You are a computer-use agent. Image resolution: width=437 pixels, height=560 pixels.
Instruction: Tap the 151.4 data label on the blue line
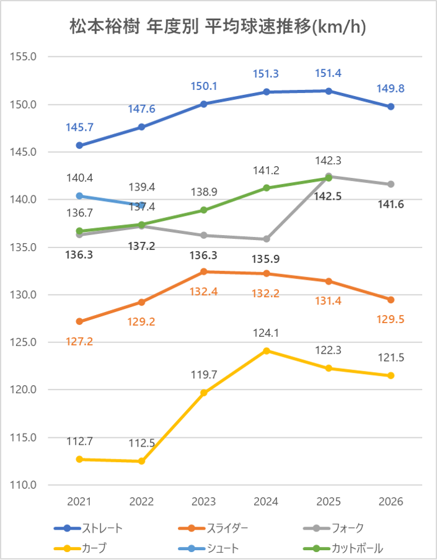point(329,73)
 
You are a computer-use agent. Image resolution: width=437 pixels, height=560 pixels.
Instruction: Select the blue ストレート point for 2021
point(79,145)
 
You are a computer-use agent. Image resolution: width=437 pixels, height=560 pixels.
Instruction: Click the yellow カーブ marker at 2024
point(267,350)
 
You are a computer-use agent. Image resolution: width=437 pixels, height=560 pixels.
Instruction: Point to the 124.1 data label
point(267,333)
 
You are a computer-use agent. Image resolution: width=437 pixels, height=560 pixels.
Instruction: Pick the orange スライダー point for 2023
point(204,272)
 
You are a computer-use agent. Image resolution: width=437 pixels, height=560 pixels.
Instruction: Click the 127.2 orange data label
point(79,341)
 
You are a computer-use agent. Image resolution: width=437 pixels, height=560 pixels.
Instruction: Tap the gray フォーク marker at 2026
point(391,184)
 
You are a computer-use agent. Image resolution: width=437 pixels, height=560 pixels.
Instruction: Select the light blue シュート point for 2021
point(79,196)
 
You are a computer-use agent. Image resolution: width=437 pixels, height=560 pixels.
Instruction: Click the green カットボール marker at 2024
point(267,188)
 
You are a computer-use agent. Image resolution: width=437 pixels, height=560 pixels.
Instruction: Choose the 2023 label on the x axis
point(204,502)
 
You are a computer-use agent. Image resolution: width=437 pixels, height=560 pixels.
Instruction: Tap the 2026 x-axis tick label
point(391,502)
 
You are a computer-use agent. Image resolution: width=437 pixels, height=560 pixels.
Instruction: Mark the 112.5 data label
point(142,443)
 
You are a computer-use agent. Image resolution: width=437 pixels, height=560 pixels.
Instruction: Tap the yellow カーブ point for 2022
point(142,461)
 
